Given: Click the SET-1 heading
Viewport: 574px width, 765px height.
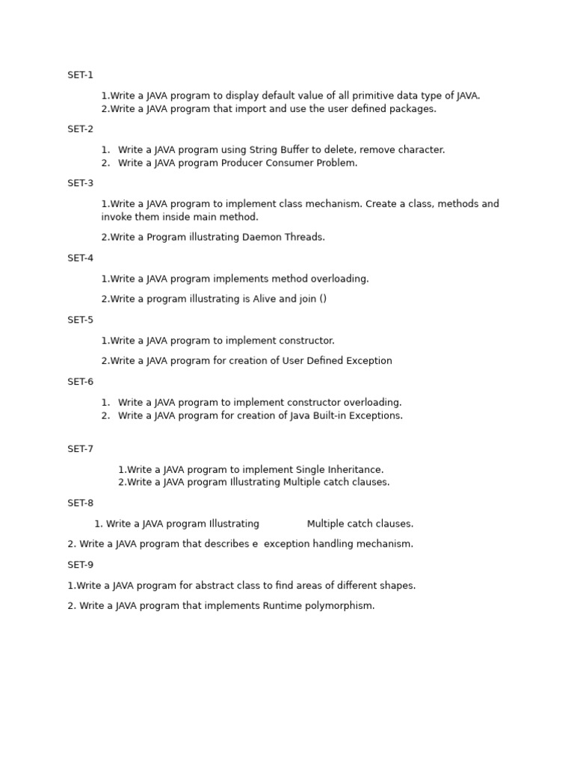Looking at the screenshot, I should coord(80,75).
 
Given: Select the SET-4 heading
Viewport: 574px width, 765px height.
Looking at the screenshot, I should coord(80,258).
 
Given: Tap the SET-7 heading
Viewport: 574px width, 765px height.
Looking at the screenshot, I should coord(80,449).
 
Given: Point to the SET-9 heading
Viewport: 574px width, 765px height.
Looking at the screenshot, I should coord(80,565).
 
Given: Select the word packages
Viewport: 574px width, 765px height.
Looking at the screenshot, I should coord(414,109).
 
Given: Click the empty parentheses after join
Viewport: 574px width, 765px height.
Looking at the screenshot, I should coord(322,299).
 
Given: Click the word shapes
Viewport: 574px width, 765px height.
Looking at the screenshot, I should coord(398,586).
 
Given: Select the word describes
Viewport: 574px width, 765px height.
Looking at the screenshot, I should coord(226,544).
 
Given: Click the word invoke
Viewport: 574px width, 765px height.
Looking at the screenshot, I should coord(116,217).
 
